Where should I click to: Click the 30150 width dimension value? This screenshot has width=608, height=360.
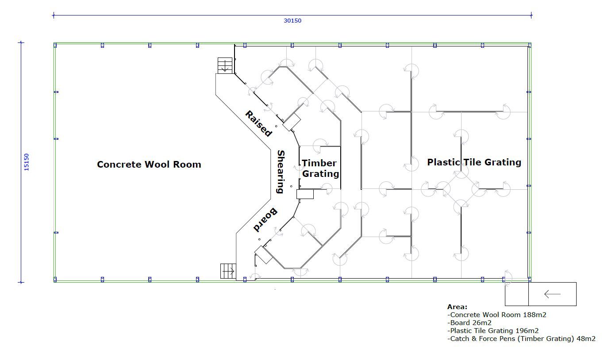[292, 21]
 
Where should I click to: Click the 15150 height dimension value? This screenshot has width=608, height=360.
[26, 162]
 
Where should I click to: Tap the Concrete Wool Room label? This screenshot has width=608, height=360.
[149, 165]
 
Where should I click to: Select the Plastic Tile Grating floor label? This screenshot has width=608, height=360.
[474, 162]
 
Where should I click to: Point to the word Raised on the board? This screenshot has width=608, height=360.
[258, 123]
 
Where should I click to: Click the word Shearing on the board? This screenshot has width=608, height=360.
[281, 172]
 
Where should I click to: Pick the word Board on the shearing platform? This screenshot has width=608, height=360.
[265, 220]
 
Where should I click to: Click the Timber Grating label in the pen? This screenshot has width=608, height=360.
[320, 169]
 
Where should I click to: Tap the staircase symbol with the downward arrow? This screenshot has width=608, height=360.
[225, 65]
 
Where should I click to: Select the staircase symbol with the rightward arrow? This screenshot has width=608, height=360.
[228, 271]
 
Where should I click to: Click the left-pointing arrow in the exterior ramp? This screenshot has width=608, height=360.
[552, 294]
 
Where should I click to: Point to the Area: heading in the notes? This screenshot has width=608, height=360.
[458, 307]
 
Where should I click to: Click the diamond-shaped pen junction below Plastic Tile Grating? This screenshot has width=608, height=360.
[461, 189]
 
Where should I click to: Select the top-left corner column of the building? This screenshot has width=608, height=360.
[55, 45]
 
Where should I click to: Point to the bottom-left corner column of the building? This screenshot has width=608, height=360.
[55, 280]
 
